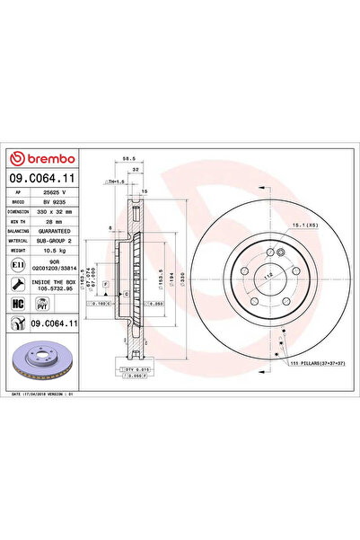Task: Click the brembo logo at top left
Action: tap(43, 160)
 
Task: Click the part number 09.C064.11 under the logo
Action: tap(44, 180)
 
